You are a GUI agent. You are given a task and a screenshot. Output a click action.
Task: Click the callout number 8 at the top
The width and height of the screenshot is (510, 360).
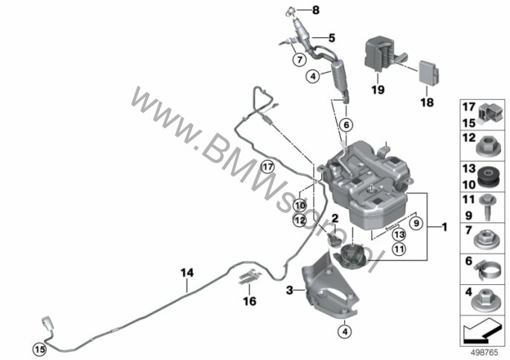click(x=316, y=10)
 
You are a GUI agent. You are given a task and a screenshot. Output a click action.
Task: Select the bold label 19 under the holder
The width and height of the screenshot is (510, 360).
click(x=378, y=89)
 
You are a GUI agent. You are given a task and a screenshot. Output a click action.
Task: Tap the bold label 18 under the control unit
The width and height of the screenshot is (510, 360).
click(x=427, y=103)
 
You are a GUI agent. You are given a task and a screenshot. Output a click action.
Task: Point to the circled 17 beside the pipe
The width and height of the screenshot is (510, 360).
click(x=268, y=167)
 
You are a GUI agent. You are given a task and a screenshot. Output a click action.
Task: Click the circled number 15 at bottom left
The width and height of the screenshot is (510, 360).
click(x=39, y=350)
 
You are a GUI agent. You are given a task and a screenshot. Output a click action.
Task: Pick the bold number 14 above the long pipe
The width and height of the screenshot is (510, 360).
click(x=187, y=272)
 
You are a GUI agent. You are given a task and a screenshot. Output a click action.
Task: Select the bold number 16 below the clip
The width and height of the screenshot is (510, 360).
click(x=250, y=301)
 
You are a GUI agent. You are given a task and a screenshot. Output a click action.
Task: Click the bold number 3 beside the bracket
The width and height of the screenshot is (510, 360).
click(x=289, y=289)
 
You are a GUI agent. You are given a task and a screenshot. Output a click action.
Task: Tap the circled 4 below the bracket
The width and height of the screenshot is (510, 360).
click(x=345, y=332)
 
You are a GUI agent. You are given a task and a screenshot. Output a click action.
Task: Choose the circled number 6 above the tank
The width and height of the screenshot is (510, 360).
click(x=346, y=125)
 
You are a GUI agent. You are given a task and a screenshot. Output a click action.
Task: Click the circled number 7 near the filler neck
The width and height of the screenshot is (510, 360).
click(x=299, y=60)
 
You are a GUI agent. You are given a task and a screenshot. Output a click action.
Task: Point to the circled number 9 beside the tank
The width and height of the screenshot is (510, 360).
click(x=416, y=223)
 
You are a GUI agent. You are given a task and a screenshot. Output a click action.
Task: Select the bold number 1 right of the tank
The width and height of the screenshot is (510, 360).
click(x=444, y=227)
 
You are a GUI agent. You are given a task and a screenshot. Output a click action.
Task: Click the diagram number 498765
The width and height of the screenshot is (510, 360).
click(x=485, y=353)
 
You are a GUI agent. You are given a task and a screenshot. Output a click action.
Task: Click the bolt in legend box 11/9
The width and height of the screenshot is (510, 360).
click(x=487, y=206)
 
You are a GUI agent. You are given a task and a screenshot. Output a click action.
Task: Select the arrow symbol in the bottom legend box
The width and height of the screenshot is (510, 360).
click(x=482, y=331)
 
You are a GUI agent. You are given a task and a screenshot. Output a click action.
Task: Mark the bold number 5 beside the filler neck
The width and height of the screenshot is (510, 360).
click(x=332, y=38)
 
